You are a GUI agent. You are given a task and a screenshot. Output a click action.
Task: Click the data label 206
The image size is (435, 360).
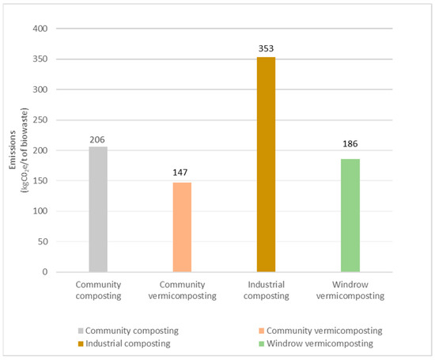[x=97, y=138]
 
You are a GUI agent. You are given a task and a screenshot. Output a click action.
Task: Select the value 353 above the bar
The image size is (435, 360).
[x=266, y=49]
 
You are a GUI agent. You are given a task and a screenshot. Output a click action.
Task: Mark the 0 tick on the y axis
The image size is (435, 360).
[x=46, y=272]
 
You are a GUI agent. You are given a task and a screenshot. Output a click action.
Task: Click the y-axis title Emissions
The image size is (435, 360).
[x=11, y=150]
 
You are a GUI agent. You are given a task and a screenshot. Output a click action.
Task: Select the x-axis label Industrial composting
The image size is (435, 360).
[x=266, y=289]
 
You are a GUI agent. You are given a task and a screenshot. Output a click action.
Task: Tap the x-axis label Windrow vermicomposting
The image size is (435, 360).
[x=350, y=289]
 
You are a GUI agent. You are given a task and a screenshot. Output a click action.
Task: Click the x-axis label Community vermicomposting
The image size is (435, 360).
[x=182, y=289]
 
